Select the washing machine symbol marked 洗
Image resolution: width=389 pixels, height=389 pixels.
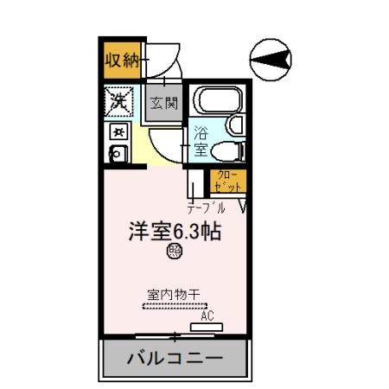click(118, 101)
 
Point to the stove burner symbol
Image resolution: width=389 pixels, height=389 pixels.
click(118, 131)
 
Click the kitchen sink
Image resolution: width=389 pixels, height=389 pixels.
click(117, 154)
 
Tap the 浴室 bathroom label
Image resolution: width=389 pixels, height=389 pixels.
click(200, 141)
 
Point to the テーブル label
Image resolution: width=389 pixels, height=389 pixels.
click(207, 208)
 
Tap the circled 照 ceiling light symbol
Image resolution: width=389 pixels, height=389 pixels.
click(174, 252)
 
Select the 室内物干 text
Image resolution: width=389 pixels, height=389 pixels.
click(174, 294)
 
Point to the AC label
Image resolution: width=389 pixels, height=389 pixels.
click(207, 316)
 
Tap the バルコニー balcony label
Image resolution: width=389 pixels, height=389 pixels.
click(175, 357)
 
